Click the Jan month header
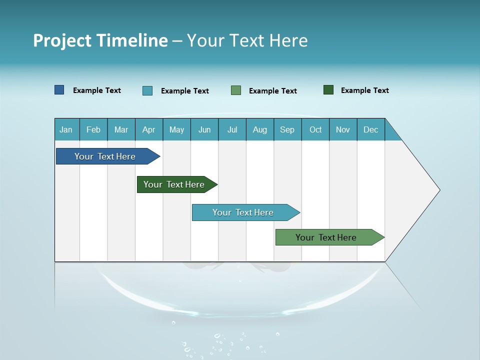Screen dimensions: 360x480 pos(66,129)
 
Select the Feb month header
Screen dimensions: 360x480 pos(93,129)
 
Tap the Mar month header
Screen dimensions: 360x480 pos(121,129)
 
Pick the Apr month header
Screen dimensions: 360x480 pos(149,129)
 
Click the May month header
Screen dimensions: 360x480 pos(176,129)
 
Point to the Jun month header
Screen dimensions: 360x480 pos(204,129)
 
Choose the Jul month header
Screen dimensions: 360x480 pos(232,129)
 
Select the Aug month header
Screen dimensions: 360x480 pos(260,129)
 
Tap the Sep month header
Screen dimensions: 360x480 pos(287,129)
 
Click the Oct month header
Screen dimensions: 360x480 pos(315,129)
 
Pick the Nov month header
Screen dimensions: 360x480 pos(343,129)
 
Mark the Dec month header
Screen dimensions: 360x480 pos(371,129)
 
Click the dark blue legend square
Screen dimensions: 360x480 pos(59,90)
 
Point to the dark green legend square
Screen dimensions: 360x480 pos(328,90)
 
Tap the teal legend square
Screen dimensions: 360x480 pos(147,90)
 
